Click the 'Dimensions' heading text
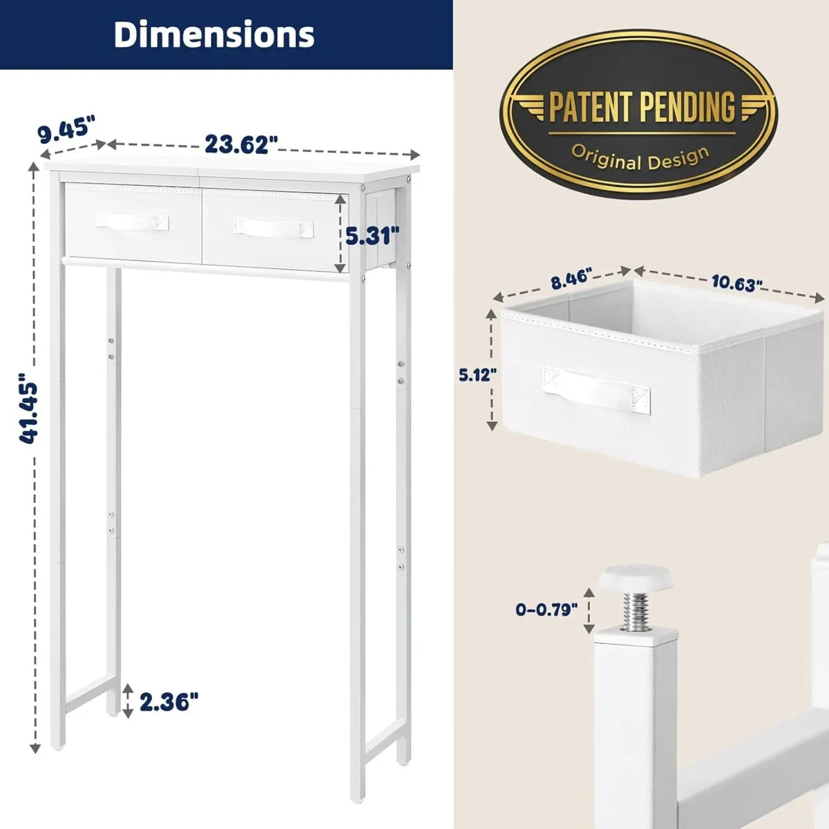click(213, 35)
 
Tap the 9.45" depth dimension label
click(66, 130)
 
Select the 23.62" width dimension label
click(241, 144)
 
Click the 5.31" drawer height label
click(372, 236)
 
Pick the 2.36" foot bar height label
click(169, 702)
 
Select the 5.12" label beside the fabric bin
click(477, 375)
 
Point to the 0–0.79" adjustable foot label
click(546, 609)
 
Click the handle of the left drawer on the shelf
click(132, 221)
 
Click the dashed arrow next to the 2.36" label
click(128, 701)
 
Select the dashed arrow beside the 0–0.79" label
click(589, 610)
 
